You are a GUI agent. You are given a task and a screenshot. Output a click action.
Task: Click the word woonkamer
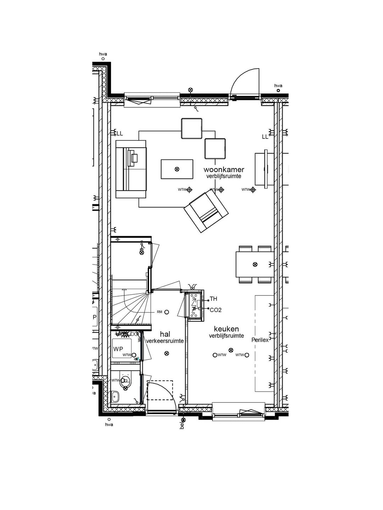pyautogui.click(x=223, y=170)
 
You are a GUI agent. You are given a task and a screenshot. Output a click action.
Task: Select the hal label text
pyautogui.click(x=165, y=334)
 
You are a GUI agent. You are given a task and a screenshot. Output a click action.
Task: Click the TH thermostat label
pyautogui.click(x=213, y=299)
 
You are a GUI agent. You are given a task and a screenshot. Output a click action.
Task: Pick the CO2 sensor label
pyautogui.click(x=216, y=310)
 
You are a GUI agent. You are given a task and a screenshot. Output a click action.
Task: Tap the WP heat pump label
pyautogui.click(x=118, y=349)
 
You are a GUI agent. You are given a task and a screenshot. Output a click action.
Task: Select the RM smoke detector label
pyautogui.click(x=160, y=312)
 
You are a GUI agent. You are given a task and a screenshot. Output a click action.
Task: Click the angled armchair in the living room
pyautogui.click(x=206, y=212)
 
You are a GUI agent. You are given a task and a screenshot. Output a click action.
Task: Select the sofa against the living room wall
pyautogui.click(x=131, y=169)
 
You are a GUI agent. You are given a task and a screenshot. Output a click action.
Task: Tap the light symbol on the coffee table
pyautogui.click(x=177, y=169)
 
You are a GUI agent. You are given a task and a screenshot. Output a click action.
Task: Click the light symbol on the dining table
pyautogui.click(x=255, y=264)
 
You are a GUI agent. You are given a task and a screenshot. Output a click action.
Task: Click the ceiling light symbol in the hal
pyautogui.click(x=167, y=353)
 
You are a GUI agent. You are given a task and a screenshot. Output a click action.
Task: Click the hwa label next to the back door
pyautogui.click(x=278, y=86)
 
